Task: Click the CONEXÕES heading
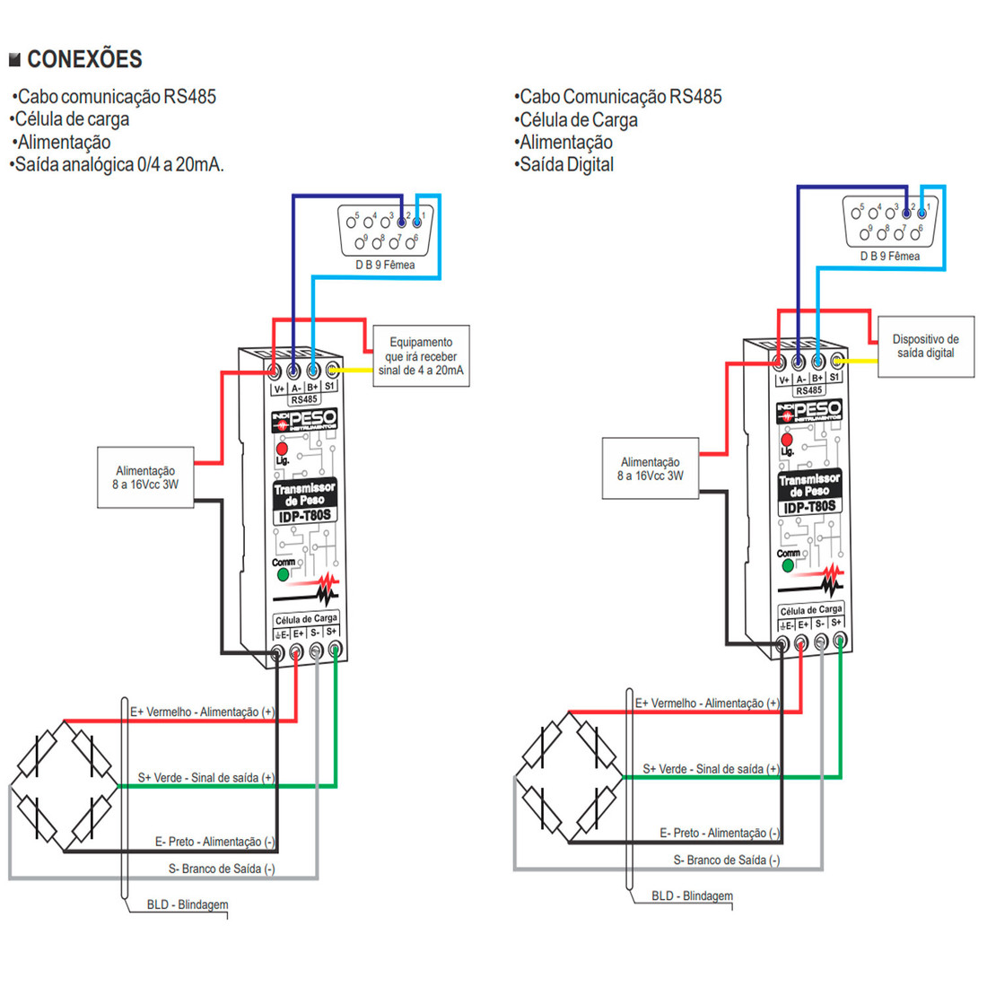pos(84,59)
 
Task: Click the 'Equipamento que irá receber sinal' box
pos(421,356)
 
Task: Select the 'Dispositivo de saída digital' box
pos(925,346)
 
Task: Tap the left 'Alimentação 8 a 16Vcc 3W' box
pos(145,477)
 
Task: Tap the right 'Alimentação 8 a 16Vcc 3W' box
pos(650,469)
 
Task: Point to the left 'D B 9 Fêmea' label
pos(385,265)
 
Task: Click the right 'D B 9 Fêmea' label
pos(890,256)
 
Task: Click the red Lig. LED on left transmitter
pos(282,448)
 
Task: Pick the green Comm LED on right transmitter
pos(788,565)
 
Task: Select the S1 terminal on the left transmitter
pos(332,370)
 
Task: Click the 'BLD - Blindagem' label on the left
pos(188,904)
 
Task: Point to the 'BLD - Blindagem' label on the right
pos(692,895)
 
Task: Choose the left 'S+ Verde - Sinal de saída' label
pos(206,778)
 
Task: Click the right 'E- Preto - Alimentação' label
pos(720,833)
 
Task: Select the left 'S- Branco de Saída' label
pos(222,869)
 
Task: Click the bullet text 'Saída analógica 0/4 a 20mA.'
pos(118,165)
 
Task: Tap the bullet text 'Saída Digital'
pos(564,165)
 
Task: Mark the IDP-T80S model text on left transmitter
pos(305,516)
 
